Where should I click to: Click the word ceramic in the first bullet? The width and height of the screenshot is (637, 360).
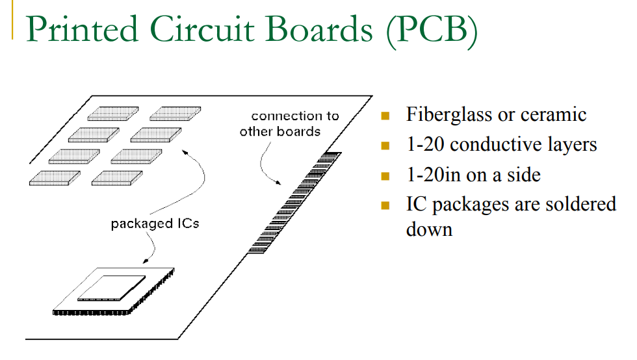click(x=551, y=115)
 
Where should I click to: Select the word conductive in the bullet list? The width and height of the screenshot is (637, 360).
click(x=489, y=144)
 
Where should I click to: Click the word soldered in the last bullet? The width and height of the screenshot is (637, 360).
click(x=578, y=204)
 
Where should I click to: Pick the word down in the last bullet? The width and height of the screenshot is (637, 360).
click(x=429, y=229)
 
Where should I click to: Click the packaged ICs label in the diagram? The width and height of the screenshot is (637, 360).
click(x=155, y=224)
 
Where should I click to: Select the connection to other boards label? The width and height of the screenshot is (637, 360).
click(x=289, y=123)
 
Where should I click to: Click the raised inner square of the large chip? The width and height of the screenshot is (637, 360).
click(x=112, y=287)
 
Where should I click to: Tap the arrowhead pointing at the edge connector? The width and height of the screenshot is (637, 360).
click(x=281, y=183)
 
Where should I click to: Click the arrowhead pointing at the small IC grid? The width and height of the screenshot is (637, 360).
click(x=185, y=151)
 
